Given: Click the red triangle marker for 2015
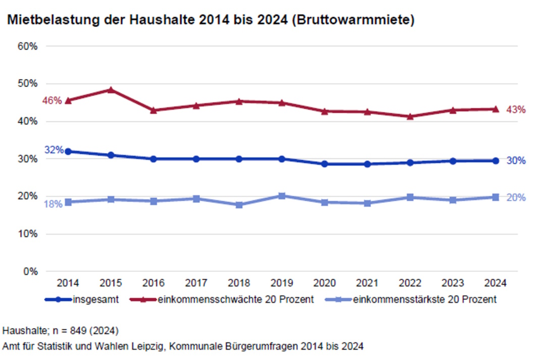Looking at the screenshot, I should pos(111,90).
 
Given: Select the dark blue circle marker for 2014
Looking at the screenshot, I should pos(68,151).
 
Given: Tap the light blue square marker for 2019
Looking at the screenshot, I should pos(282,196).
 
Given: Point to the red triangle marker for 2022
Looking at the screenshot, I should pos(410,117).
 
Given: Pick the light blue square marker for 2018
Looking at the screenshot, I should pos(239,204).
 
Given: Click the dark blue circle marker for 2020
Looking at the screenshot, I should pos(325,164).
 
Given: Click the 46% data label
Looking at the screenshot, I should pos(52,100).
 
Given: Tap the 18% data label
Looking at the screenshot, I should pos(52,204).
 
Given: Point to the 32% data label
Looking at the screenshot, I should pos(53,150).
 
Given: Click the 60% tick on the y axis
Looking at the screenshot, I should pos(28,46).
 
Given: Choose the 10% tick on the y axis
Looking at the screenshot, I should pos(28,234).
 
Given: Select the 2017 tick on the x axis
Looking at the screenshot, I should pos(196,283).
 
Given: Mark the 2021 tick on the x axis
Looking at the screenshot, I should pos(367,283).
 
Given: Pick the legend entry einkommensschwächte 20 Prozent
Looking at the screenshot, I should pos(222,299).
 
